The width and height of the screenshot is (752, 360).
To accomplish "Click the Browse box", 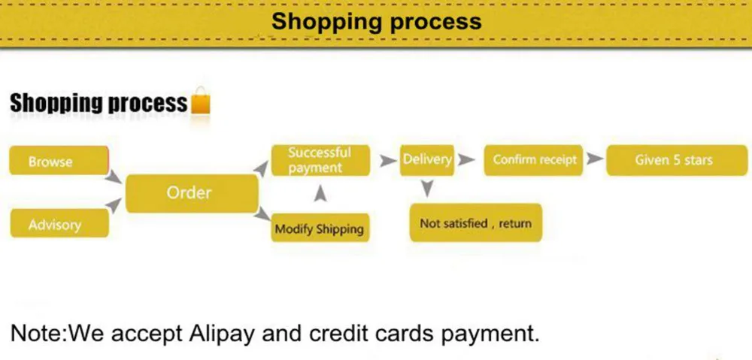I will (59, 161).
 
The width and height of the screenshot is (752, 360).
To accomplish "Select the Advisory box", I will (59, 224).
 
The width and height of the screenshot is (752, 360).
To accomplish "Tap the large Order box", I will (190, 193).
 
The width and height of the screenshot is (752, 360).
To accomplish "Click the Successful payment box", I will (319, 160).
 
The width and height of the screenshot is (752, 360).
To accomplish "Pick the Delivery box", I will (426, 159).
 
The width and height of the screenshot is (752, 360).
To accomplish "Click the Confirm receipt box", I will (534, 159).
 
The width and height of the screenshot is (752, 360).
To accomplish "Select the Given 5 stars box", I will (673, 159).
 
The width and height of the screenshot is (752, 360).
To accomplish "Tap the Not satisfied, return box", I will (475, 223).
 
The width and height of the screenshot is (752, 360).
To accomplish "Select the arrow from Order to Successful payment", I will (261, 170).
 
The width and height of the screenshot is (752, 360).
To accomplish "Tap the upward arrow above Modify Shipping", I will (320, 194).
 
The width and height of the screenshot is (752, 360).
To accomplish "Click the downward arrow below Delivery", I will (426, 188).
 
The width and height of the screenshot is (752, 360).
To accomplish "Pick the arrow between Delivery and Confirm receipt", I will (466, 159).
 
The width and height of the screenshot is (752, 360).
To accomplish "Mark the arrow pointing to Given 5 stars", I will (595, 159).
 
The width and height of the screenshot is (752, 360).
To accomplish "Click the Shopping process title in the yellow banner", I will (376, 21).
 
